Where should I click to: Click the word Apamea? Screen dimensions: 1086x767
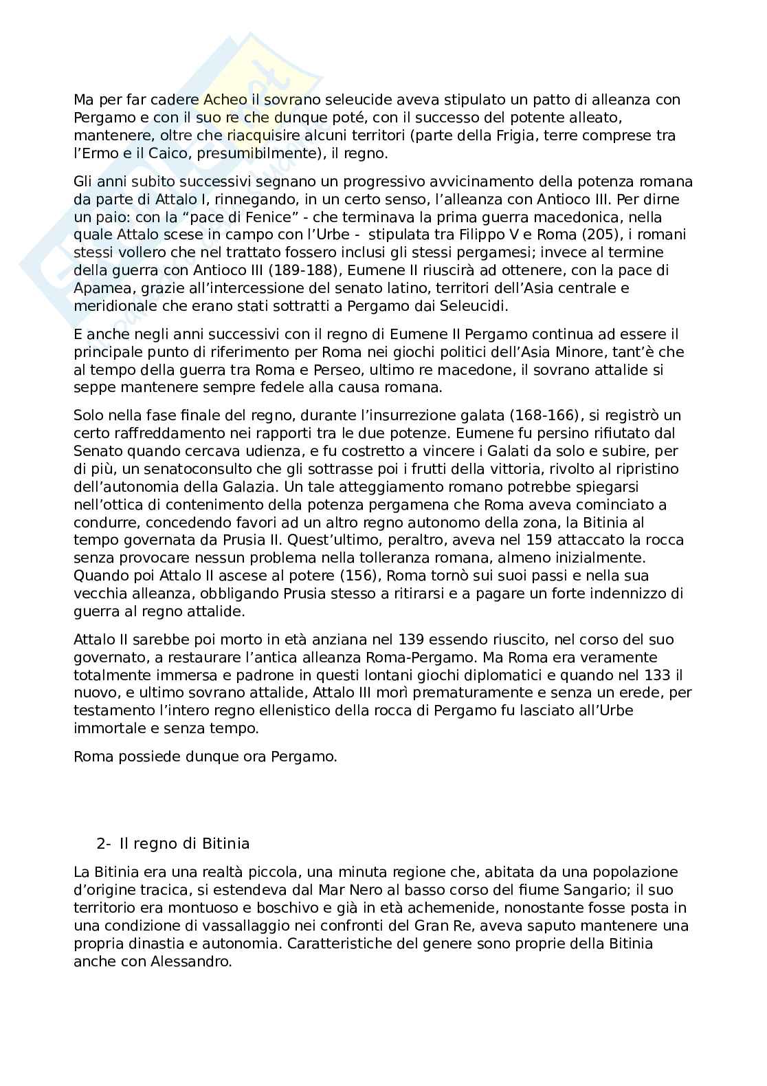pyautogui.click(x=100, y=288)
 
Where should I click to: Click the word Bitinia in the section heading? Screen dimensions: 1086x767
pyautogui.click(x=225, y=843)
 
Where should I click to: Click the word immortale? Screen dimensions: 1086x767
pyautogui.click(x=104, y=729)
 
